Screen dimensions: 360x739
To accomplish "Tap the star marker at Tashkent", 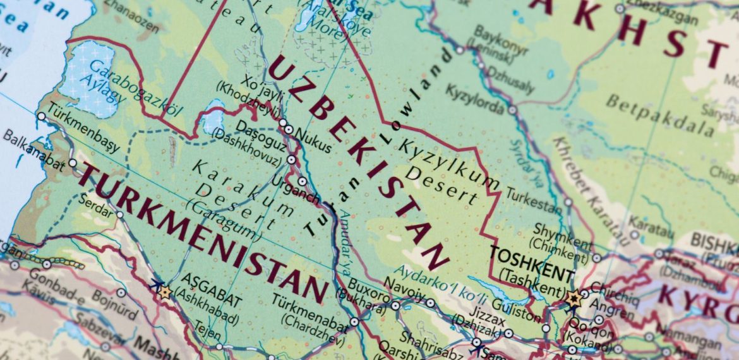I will (x=574, y=299).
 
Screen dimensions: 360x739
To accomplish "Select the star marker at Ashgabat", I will (x=165, y=292).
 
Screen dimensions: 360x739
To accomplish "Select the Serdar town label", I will (x=95, y=203).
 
